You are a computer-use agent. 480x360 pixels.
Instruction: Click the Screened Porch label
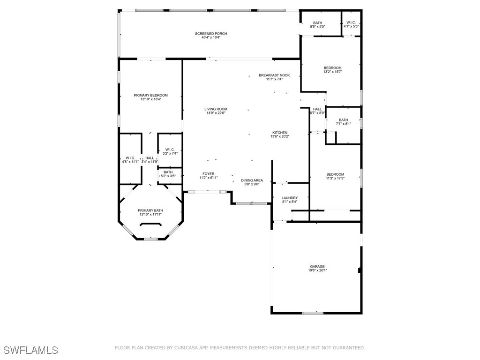coord(211,34)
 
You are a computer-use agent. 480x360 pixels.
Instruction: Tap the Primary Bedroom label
coord(150,95)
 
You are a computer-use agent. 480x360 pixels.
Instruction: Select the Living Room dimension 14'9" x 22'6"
coord(216,113)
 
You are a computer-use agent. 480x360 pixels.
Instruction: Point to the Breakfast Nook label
coord(274,75)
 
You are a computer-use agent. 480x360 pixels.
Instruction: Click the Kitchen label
coord(280,133)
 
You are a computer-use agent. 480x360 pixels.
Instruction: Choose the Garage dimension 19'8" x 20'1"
coord(317,270)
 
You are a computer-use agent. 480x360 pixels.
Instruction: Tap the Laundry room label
coord(290,198)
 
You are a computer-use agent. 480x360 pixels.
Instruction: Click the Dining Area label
coord(252,180)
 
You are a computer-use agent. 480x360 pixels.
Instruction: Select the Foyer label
coord(208,174)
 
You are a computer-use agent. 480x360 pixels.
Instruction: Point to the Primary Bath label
coord(150,210)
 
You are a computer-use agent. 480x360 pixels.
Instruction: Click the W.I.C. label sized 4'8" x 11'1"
coord(130,158)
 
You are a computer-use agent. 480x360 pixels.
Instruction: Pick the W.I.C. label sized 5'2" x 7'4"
coord(170,150)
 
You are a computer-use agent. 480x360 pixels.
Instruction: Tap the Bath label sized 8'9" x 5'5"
coord(318,23)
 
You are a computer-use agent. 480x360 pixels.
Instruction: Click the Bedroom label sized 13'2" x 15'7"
coord(332,68)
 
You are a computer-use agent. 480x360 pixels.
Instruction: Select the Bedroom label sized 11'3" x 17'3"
coord(335,174)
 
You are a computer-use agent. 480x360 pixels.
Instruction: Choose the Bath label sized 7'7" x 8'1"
coord(344,120)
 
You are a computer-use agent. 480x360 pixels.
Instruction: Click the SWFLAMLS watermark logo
coord(31,350)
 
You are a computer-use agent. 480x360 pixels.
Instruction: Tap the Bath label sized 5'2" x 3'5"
coord(168,172)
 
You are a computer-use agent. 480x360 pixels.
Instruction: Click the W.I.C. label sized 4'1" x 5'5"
coord(351,23)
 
